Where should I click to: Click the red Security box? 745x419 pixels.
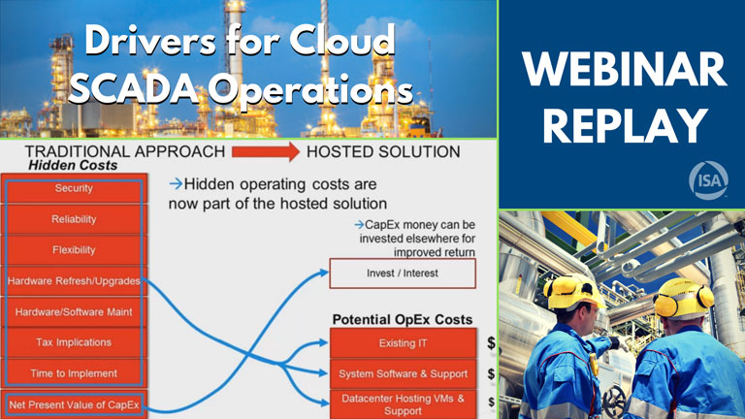74,188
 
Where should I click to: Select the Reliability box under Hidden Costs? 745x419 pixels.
74,219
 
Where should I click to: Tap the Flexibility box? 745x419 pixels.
74,250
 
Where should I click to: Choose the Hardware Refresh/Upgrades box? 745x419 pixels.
74,281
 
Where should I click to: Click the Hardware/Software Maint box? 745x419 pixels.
74,311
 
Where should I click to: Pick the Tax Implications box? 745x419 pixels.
74,342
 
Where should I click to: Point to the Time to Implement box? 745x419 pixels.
74,373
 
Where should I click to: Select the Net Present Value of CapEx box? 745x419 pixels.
74,404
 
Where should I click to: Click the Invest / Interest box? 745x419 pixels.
403,274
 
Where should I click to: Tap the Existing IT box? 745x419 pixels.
403,342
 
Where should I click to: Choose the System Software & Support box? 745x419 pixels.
403,373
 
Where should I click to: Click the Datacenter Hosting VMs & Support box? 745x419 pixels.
403,403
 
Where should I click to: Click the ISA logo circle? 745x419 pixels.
704,180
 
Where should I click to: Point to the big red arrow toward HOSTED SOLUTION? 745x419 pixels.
264,152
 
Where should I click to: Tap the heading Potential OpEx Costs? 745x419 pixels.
403,319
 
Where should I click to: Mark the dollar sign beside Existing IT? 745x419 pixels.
491,343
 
